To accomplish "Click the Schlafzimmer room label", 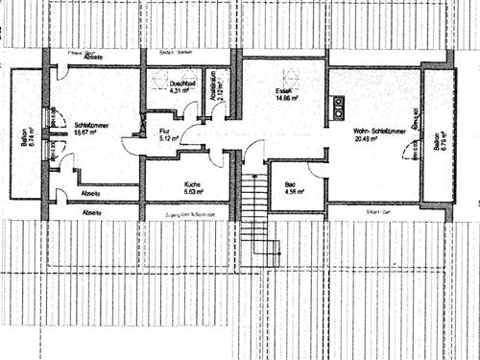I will pyautogui.click(x=87, y=123).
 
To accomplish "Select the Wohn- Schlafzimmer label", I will pyautogui.click(x=376, y=131).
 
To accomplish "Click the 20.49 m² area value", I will pyautogui.click(x=366, y=139).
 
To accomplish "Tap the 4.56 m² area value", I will pyautogui.click(x=293, y=192).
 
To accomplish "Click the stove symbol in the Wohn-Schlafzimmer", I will pyautogui.click(x=339, y=107).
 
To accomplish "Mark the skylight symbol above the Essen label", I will pyautogui.click(x=285, y=75).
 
